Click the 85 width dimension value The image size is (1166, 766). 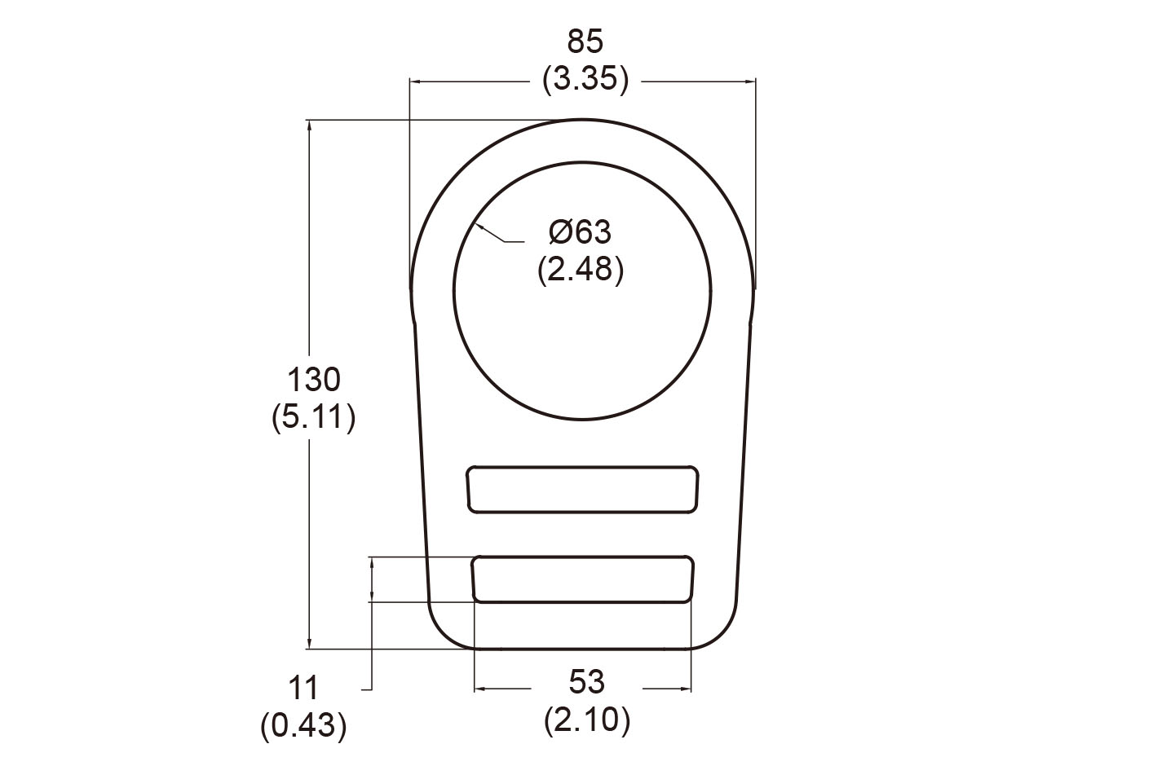click(585, 41)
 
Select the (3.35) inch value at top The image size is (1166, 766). click(585, 80)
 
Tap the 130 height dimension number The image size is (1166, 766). click(313, 381)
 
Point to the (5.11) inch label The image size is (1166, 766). click(313, 418)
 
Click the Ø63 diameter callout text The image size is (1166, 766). click(580, 232)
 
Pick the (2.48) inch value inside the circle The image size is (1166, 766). click(580, 270)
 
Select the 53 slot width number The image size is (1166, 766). click(586, 682)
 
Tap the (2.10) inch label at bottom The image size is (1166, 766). click(586, 720)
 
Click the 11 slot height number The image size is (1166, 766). click(303, 689)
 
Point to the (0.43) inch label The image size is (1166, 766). click(303, 725)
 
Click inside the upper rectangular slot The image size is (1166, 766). click(582, 490)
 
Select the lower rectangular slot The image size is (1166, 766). click(583, 579)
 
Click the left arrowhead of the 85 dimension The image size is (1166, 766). click(413, 81)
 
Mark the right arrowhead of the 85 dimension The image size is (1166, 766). click(752, 81)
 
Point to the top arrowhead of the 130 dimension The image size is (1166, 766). click(309, 125)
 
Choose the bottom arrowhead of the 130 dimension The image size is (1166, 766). click(309, 645)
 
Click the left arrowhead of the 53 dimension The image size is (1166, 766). click(478, 689)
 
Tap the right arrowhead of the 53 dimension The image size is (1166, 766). click(687, 689)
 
